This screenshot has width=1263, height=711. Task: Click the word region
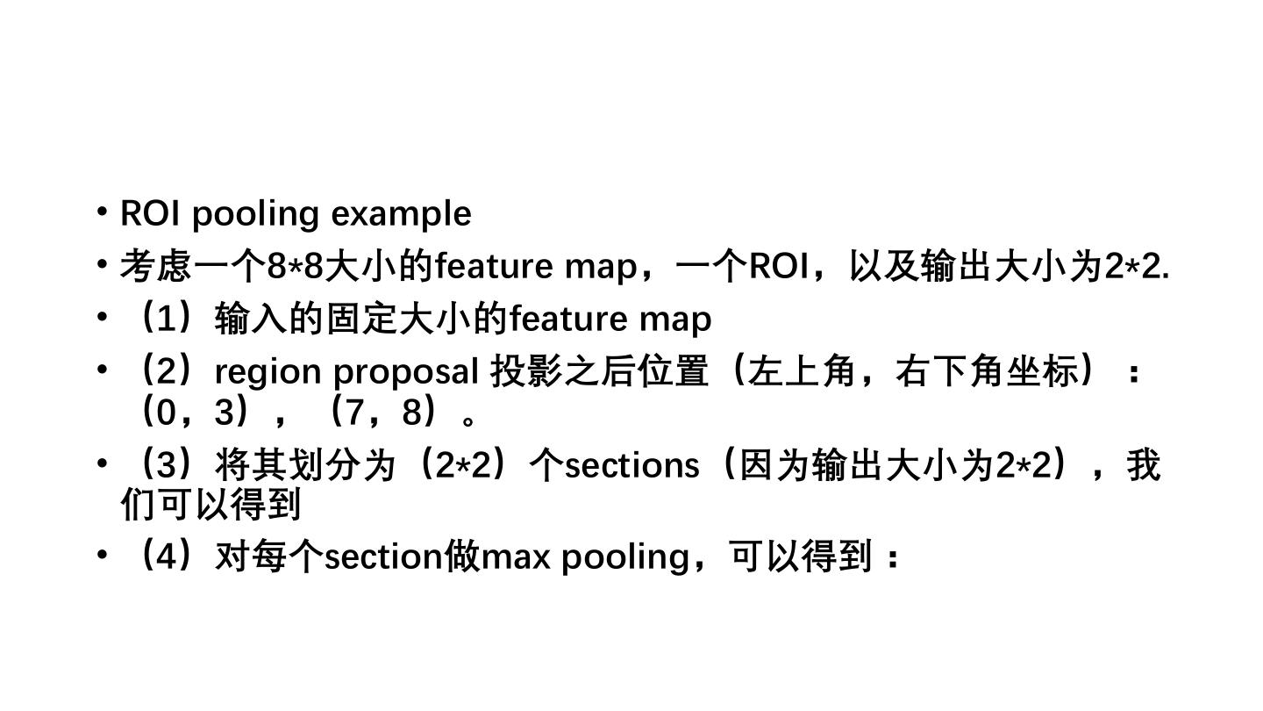coord(268,372)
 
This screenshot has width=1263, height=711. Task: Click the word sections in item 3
coord(631,465)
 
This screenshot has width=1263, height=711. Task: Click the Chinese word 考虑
coord(155,266)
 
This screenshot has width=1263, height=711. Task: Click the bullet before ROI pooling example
coord(103,212)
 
